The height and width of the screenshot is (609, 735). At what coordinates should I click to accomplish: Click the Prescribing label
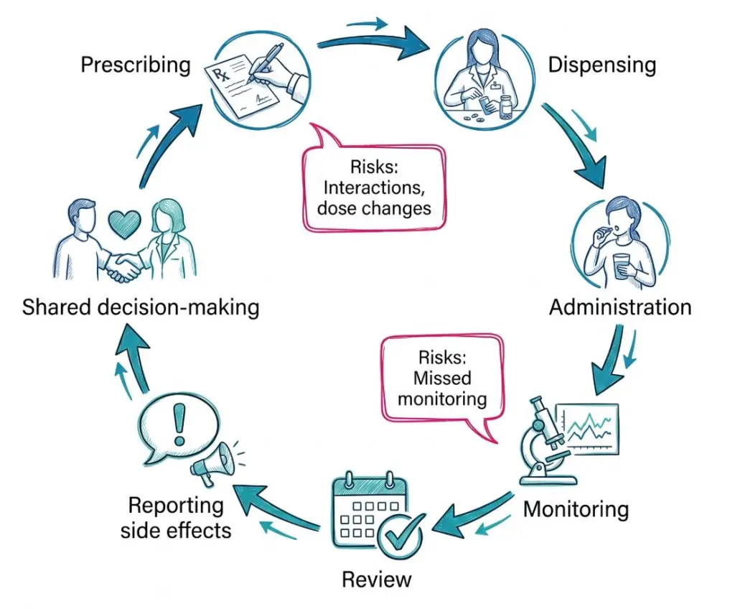tap(136, 65)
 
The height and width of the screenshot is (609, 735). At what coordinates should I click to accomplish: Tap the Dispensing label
tap(601, 65)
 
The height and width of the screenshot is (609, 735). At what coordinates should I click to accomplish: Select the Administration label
tap(620, 307)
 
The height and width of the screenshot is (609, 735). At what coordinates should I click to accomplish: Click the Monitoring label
tap(576, 509)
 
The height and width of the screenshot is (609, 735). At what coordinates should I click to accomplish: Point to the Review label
tap(377, 579)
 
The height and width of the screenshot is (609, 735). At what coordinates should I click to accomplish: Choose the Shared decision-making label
tap(141, 307)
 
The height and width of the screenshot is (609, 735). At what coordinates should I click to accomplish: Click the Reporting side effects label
tap(176, 518)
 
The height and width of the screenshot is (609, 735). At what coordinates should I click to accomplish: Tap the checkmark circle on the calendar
tap(399, 534)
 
